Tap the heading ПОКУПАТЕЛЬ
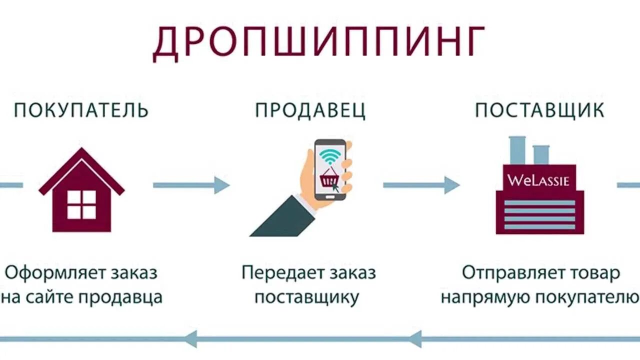[x=81, y=110]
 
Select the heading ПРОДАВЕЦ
[x=310, y=110]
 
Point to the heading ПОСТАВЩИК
[x=539, y=110]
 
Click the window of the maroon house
[x=81, y=204]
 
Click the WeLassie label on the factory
[x=538, y=180]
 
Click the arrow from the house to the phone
[x=190, y=185]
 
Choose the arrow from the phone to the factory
[x=420, y=185]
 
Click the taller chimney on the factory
[x=517, y=150]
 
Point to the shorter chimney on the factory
[x=541, y=154]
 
